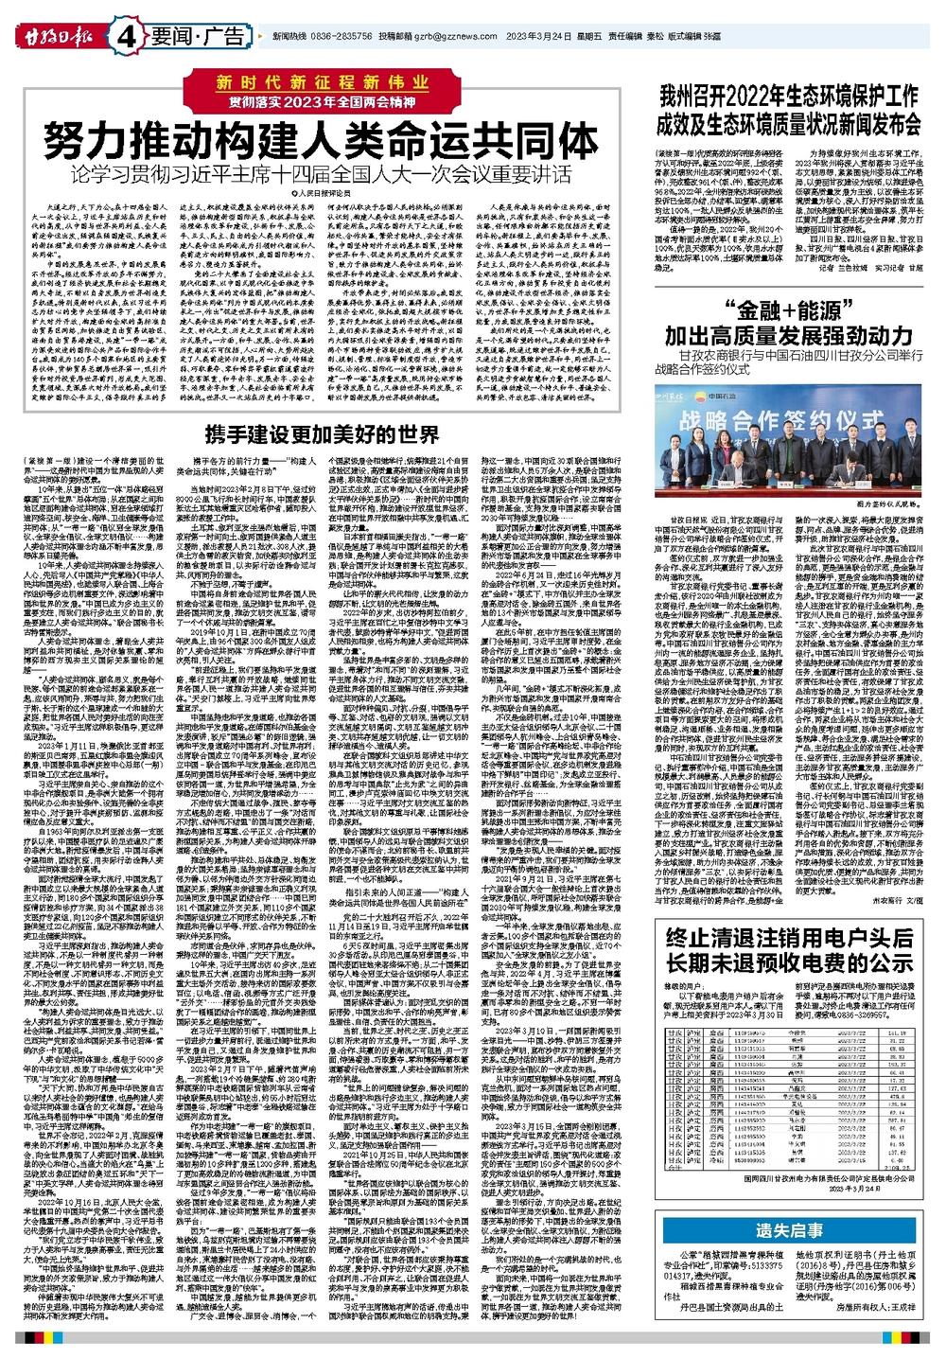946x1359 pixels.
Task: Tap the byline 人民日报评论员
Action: click(x=331, y=193)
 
